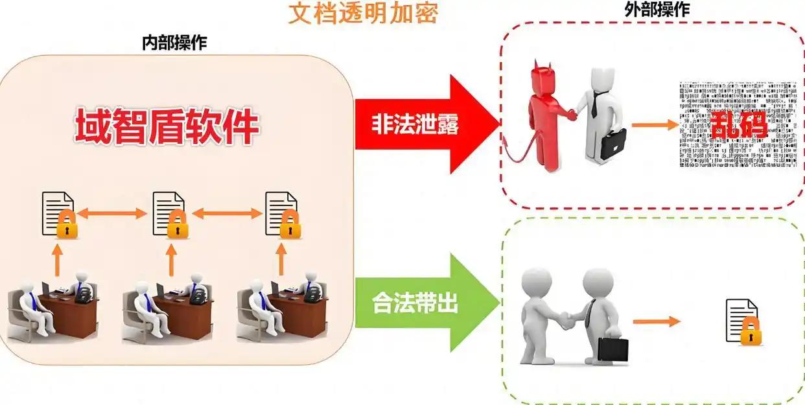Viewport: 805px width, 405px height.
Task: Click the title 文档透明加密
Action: (362, 14)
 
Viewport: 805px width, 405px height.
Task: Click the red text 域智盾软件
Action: (167, 126)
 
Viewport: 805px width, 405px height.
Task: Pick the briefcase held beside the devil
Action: (612, 144)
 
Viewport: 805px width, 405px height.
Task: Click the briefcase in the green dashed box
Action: (613, 349)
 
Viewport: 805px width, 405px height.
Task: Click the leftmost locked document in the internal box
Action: (58, 214)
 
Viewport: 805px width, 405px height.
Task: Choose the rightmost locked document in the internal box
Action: (281, 214)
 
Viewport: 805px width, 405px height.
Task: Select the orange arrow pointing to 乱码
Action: (655, 123)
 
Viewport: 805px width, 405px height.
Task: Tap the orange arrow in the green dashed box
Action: (656, 321)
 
